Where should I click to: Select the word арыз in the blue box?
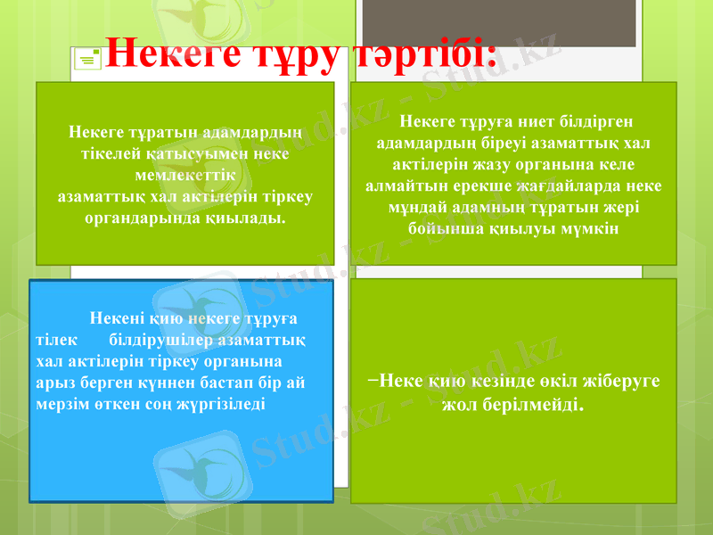(53, 382)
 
